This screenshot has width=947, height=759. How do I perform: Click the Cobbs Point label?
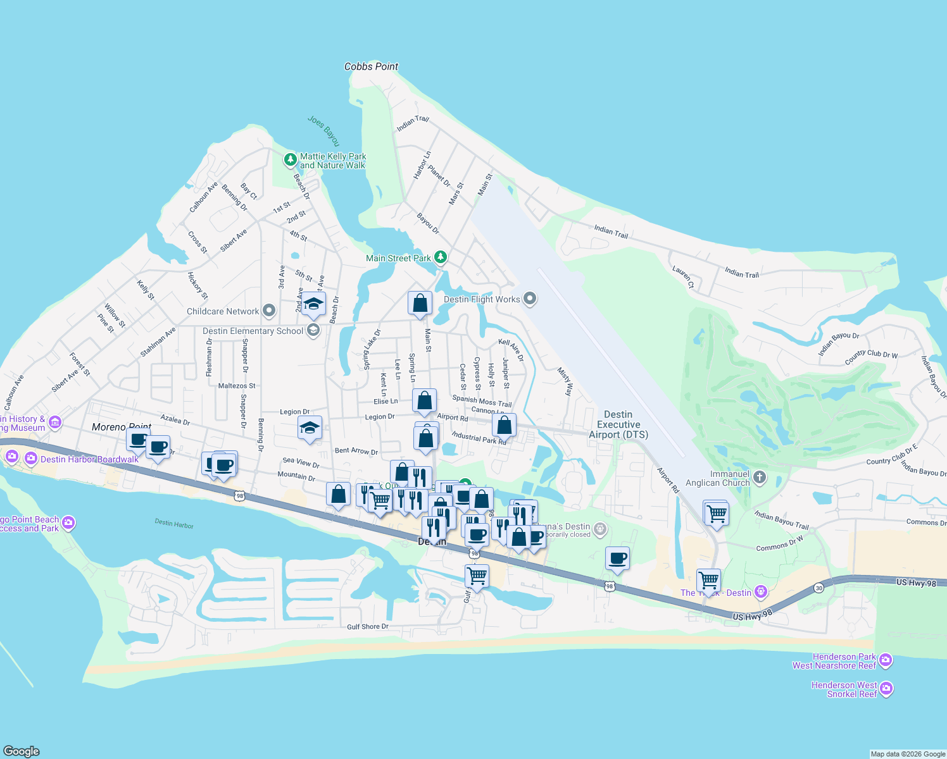pos(371,66)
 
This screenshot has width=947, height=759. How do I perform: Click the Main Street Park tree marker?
pos(441,257)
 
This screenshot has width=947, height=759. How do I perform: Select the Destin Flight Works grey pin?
pos(530,299)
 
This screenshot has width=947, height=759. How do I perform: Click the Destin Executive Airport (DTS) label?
pos(618,424)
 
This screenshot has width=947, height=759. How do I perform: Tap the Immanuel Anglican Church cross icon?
pos(760,478)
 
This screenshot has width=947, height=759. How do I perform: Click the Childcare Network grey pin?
pos(269,311)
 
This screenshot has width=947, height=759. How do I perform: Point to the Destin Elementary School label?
pos(253,331)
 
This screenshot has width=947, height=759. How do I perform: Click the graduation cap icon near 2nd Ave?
pos(313,304)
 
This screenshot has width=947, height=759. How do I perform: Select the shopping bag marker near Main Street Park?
pos(420,304)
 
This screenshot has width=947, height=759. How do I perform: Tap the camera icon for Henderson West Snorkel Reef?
pos(886,688)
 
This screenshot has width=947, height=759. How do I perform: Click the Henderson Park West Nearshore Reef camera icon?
pos(886,660)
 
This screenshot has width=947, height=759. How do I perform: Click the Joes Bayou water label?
pos(323,130)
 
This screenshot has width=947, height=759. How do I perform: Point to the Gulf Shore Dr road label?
pos(367,627)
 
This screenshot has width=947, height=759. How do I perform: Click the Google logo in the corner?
pos(21,751)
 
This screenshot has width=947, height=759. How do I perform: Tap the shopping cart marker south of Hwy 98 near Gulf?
pos(476,577)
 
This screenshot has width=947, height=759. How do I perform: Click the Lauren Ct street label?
pos(683,277)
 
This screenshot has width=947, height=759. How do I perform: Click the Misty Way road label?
pos(565,381)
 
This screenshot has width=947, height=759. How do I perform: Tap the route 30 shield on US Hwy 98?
pos(818,588)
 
